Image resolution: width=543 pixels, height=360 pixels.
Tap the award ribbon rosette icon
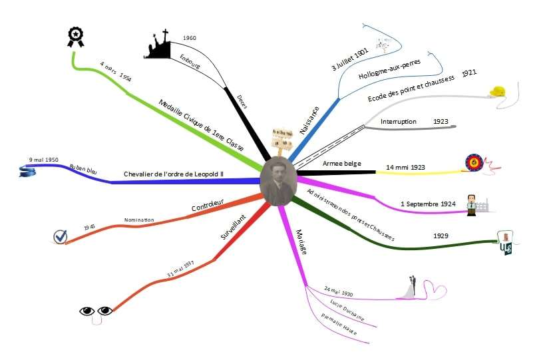(x=75, y=37)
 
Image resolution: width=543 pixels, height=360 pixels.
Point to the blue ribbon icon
(x=27, y=172)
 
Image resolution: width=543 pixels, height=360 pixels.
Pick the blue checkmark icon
(x=61, y=236)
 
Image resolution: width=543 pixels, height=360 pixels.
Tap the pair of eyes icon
(x=96, y=311)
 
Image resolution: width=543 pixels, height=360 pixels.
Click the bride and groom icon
(x=413, y=288)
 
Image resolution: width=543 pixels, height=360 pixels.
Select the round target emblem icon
(x=473, y=162)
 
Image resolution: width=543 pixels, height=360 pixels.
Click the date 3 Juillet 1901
(x=349, y=59)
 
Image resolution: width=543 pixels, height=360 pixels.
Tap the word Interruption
(x=399, y=122)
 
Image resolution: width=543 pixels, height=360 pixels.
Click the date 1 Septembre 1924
(x=428, y=204)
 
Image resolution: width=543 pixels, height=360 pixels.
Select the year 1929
(x=441, y=236)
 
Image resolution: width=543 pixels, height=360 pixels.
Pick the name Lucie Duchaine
(x=347, y=310)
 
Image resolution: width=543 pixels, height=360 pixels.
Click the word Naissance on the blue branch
(x=309, y=120)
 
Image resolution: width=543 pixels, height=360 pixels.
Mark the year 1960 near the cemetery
(x=190, y=39)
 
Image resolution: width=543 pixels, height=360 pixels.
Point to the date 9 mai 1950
(x=45, y=160)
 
